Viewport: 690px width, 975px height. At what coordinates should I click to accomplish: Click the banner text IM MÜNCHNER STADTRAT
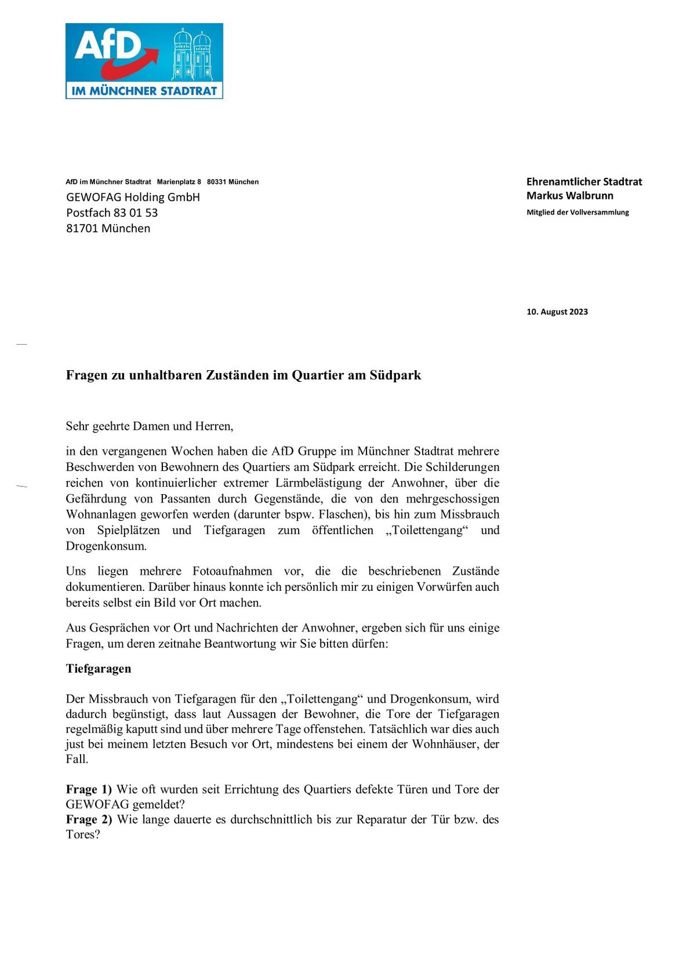(144, 91)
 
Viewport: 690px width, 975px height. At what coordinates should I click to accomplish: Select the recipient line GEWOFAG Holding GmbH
(133, 197)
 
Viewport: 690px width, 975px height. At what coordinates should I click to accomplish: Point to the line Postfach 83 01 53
(112, 213)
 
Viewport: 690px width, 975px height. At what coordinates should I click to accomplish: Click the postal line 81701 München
(108, 228)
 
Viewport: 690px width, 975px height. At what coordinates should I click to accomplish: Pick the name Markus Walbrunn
(569, 196)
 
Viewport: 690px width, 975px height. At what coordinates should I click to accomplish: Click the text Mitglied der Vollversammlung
(577, 212)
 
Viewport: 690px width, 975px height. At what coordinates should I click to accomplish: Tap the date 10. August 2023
(557, 312)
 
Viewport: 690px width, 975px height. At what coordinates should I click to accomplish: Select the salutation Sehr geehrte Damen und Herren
(149, 426)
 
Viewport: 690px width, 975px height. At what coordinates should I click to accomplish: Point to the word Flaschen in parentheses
(343, 515)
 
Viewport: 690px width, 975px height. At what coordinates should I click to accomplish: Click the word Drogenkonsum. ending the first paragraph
(106, 546)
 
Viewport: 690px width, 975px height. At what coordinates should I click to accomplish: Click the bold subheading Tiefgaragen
(98, 669)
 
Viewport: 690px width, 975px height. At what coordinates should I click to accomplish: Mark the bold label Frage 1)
(89, 790)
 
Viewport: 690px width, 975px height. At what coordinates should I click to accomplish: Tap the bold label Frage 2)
(89, 820)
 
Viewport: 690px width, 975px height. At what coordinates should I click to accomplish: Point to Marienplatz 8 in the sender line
(179, 182)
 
